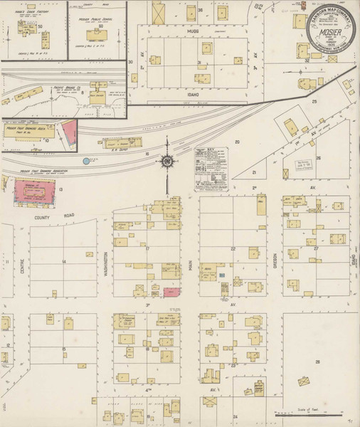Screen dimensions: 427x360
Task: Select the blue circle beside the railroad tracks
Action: [x=86, y=161]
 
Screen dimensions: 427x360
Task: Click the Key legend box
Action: [x=211, y=169]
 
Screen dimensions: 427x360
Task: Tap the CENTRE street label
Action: [x=22, y=269]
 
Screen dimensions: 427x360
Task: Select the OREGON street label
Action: [x=273, y=258]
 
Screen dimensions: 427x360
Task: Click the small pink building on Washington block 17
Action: [x=171, y=292]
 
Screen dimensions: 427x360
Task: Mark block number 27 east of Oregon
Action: [x=315, y=249]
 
